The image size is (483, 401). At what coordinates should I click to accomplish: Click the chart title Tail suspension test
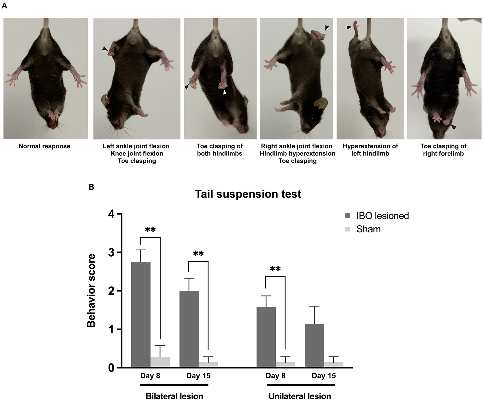[x=248, y=194]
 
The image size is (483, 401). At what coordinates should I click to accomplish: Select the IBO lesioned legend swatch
[x=348, y=216]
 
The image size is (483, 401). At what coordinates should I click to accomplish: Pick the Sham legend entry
[x=368, y=229]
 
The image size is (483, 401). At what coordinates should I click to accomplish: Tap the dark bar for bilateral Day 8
[x=141, y=315]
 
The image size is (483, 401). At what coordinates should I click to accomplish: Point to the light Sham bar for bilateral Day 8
[x=160, y=362]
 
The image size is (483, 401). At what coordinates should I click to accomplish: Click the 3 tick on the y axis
[x=111, y=253]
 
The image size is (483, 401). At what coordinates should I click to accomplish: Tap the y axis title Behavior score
[x=91, y=291]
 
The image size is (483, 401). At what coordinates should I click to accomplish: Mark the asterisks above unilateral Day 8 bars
[x=275, y=269]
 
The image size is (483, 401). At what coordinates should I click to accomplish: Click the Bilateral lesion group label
[x=174, y=396]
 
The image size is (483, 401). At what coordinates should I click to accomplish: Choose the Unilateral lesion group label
[x=300, y=396]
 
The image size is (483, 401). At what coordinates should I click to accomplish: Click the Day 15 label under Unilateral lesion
[x=324, y=376]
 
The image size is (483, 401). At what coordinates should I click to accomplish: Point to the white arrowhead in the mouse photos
[x=225, y=92]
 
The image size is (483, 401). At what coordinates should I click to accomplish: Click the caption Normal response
[x=44, y=146]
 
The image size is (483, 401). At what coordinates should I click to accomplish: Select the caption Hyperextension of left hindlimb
[x=370, y=150]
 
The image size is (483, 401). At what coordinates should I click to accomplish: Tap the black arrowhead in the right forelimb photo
[x=453, y=127]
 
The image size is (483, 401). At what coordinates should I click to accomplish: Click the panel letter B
[x=91, y=187]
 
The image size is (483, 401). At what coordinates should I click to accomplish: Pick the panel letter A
[x=4, y=6]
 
